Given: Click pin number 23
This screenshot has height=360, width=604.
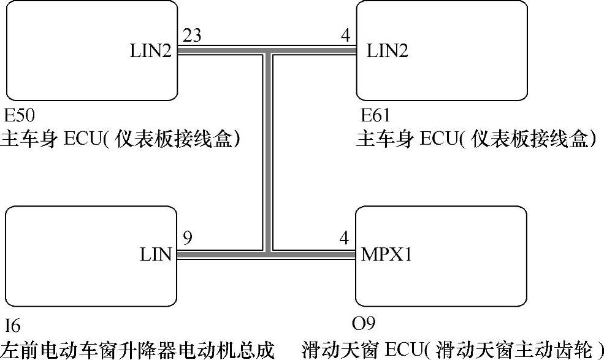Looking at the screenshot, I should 192,37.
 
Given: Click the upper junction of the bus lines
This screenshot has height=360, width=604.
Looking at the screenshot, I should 269,51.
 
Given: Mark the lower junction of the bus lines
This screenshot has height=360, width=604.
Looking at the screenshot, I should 269,253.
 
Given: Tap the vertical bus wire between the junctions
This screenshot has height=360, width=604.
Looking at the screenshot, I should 269,153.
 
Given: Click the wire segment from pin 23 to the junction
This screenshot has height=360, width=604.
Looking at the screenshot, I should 221,51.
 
